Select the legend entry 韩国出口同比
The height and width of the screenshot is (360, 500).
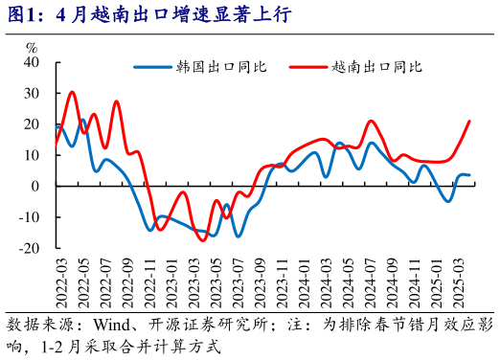[221, 67]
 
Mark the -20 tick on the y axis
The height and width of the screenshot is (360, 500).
[29, 247]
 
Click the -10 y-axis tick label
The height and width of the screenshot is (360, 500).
[29, 216]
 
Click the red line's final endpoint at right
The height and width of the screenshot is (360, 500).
[469, 121]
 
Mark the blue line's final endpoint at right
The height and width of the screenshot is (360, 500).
[469, 175]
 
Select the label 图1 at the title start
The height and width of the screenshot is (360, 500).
[21, 15]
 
